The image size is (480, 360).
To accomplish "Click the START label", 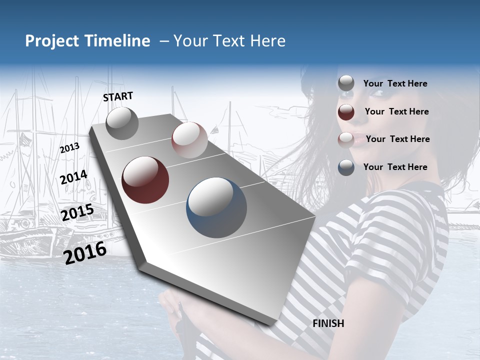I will click(118, 96).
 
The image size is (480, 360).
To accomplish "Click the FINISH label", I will click(328, 323).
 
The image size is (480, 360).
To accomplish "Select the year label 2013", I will click(69, 148).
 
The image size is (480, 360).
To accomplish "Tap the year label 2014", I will click(73, 177).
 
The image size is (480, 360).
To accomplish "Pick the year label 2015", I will click(77, 212).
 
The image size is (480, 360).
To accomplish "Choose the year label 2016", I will click(85, 252).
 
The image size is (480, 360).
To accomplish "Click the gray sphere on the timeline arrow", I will click(122, 123).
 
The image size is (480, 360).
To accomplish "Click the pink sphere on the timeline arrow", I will click(189, 140).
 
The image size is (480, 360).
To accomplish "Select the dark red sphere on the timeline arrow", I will click(145, 180).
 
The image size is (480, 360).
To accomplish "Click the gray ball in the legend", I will click(346, 83).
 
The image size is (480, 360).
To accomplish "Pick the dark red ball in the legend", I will click(346, 111).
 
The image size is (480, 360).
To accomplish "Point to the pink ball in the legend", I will click(346, 139).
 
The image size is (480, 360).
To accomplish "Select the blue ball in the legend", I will click(346, 167).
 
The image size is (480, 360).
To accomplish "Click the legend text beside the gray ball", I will click(395, 83).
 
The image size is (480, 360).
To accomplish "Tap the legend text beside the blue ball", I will click(395, 167).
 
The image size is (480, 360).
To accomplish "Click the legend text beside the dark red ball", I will click(396, 111).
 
